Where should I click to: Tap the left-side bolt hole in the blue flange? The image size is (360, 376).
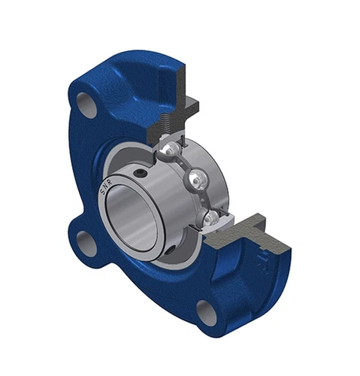(89, 243)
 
